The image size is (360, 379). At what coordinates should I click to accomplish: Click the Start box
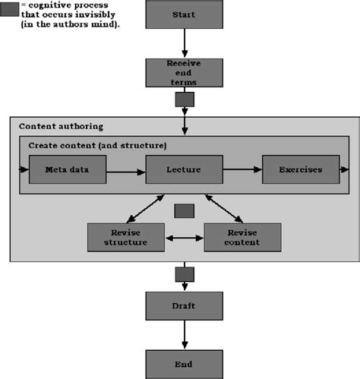click(x=185, y=15)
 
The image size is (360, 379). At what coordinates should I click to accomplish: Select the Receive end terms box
click(x=185, y=72)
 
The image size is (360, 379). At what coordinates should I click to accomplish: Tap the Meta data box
click(x=67, y=170)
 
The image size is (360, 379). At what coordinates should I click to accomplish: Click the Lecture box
click(x=185, y=170)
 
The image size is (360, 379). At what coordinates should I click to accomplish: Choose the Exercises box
click(x=302, y=170)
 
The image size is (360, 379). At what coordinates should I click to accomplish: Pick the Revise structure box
click(x=126, y=238)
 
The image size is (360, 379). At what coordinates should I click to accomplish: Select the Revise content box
click(x=243, y=238)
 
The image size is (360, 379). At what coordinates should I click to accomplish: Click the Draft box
click(x=185, y=306)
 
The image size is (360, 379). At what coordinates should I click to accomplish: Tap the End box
click(x=185, y=363)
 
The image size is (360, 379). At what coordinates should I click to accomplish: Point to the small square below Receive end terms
click(x=185, y=99)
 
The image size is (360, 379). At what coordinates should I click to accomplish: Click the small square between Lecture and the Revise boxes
click(x=185, y=211)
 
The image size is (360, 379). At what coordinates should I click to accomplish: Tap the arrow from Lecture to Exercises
click(x=242, y=170)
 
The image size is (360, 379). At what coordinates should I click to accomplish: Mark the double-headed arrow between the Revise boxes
click(x=185, y=238)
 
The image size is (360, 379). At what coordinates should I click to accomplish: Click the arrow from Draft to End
click(x=185, y=334)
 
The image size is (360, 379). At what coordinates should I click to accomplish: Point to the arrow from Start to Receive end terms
click(x=185, y=44)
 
